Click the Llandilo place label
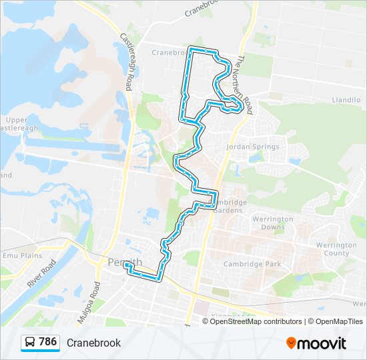(346, 100)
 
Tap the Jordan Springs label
(252, 147)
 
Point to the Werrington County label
(336, 249)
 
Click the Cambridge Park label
(252, 264)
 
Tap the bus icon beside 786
(30, 343)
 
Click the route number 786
(48, 342)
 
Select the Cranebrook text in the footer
(93, 343)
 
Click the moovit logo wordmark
(322, 343)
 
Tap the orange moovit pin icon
(291, 343)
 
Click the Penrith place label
(123, 262)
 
